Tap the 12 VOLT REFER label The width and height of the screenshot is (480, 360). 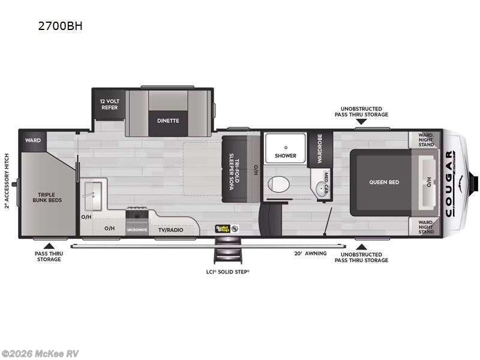coord(109,104)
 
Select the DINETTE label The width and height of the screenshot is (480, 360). coord(168,120)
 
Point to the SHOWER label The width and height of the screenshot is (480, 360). coord(286,155)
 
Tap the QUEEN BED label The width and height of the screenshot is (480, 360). coord(384,182)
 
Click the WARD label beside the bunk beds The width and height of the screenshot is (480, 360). coord(32,140)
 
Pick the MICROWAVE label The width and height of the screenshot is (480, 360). coord(137,230)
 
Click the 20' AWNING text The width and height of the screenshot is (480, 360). coord(311,253)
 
